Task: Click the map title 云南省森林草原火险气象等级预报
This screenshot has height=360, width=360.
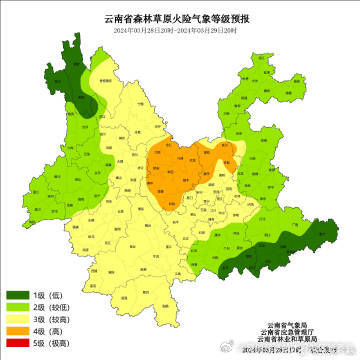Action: pyautogui.click(x=180, y=17)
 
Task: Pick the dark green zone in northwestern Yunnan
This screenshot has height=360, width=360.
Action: pyautogui.click(x=81, y=85)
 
